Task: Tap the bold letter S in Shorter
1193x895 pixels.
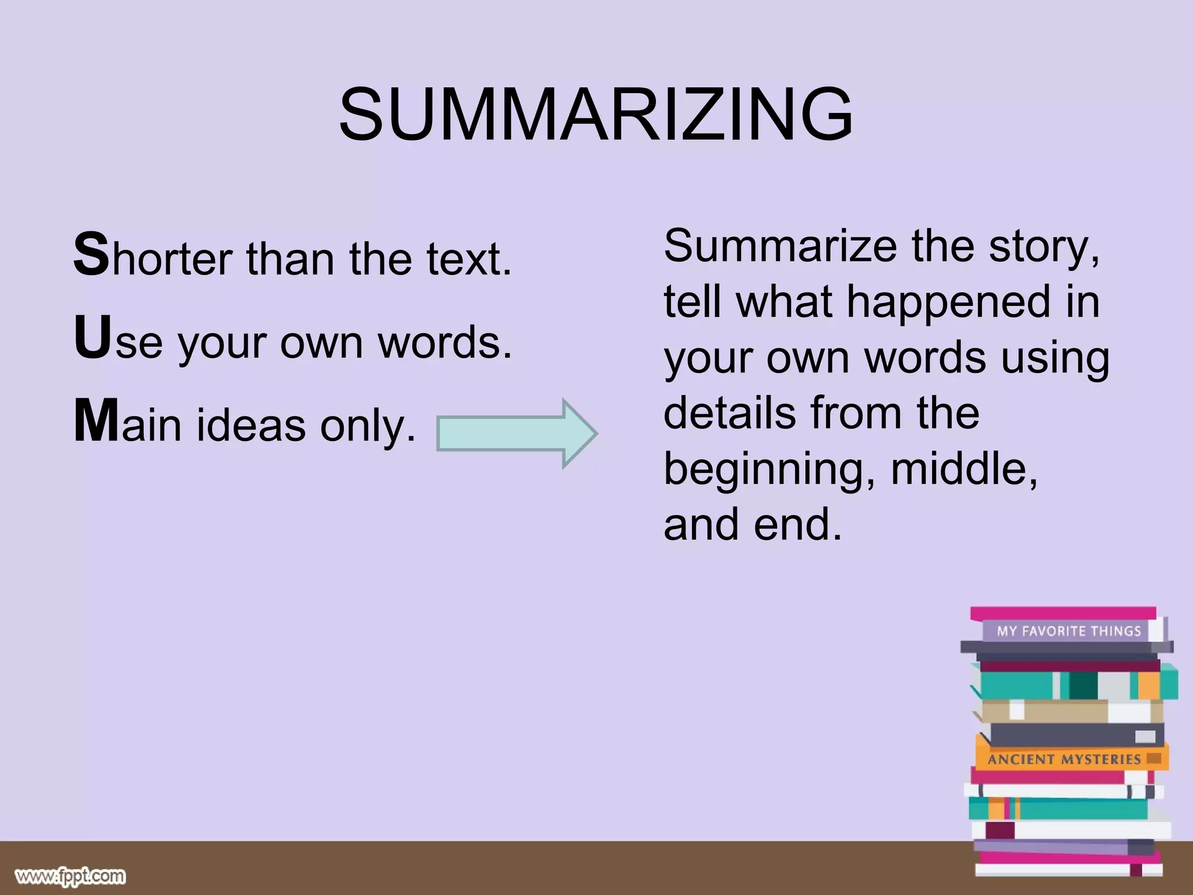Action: point(91,254)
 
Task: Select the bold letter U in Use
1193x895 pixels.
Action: point(92,337)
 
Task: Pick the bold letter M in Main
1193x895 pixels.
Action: point(96,421)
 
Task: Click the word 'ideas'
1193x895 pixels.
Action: point(251,425)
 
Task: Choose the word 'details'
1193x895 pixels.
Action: point(729,413)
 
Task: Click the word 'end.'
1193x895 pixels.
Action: point(797,524)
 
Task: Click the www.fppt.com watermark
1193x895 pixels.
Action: point(70,876)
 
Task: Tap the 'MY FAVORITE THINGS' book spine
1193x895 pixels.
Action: point(1068,630)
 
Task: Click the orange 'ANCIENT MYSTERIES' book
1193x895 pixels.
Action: point(1064,759)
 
